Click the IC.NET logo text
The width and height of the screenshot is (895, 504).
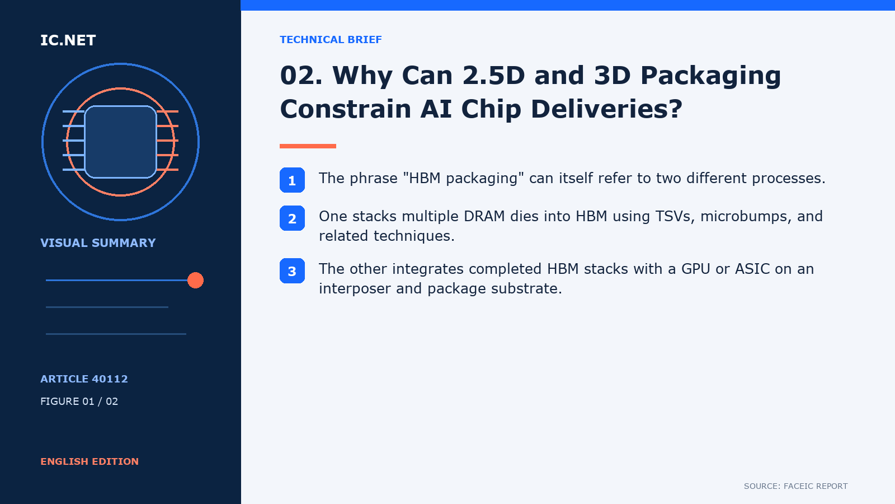tap(68, 40)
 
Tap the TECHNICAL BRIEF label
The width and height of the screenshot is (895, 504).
tap(331, 40)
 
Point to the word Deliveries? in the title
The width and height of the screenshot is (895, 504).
tap(606, 109)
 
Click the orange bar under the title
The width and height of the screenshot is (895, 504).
tap(308, 146)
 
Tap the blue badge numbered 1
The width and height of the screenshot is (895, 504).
tap(292, 180)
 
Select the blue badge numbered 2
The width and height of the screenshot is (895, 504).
tap(292, 218)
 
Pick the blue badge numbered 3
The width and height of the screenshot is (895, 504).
tap(292, 271)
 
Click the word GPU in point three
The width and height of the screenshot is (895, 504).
tap(696, 269)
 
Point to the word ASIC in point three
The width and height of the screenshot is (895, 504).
tap(752, 269)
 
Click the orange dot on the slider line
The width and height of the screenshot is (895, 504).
tap(195, 280)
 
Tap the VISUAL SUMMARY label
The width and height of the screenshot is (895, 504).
tap(98, 243)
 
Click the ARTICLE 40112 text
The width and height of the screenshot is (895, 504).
tap(84, 379)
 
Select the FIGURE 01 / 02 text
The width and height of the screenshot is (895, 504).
tap(79, 401)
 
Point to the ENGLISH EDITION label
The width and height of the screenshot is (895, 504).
tap(89, 461)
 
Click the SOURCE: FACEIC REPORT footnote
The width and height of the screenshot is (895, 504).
tap(795, 486)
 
